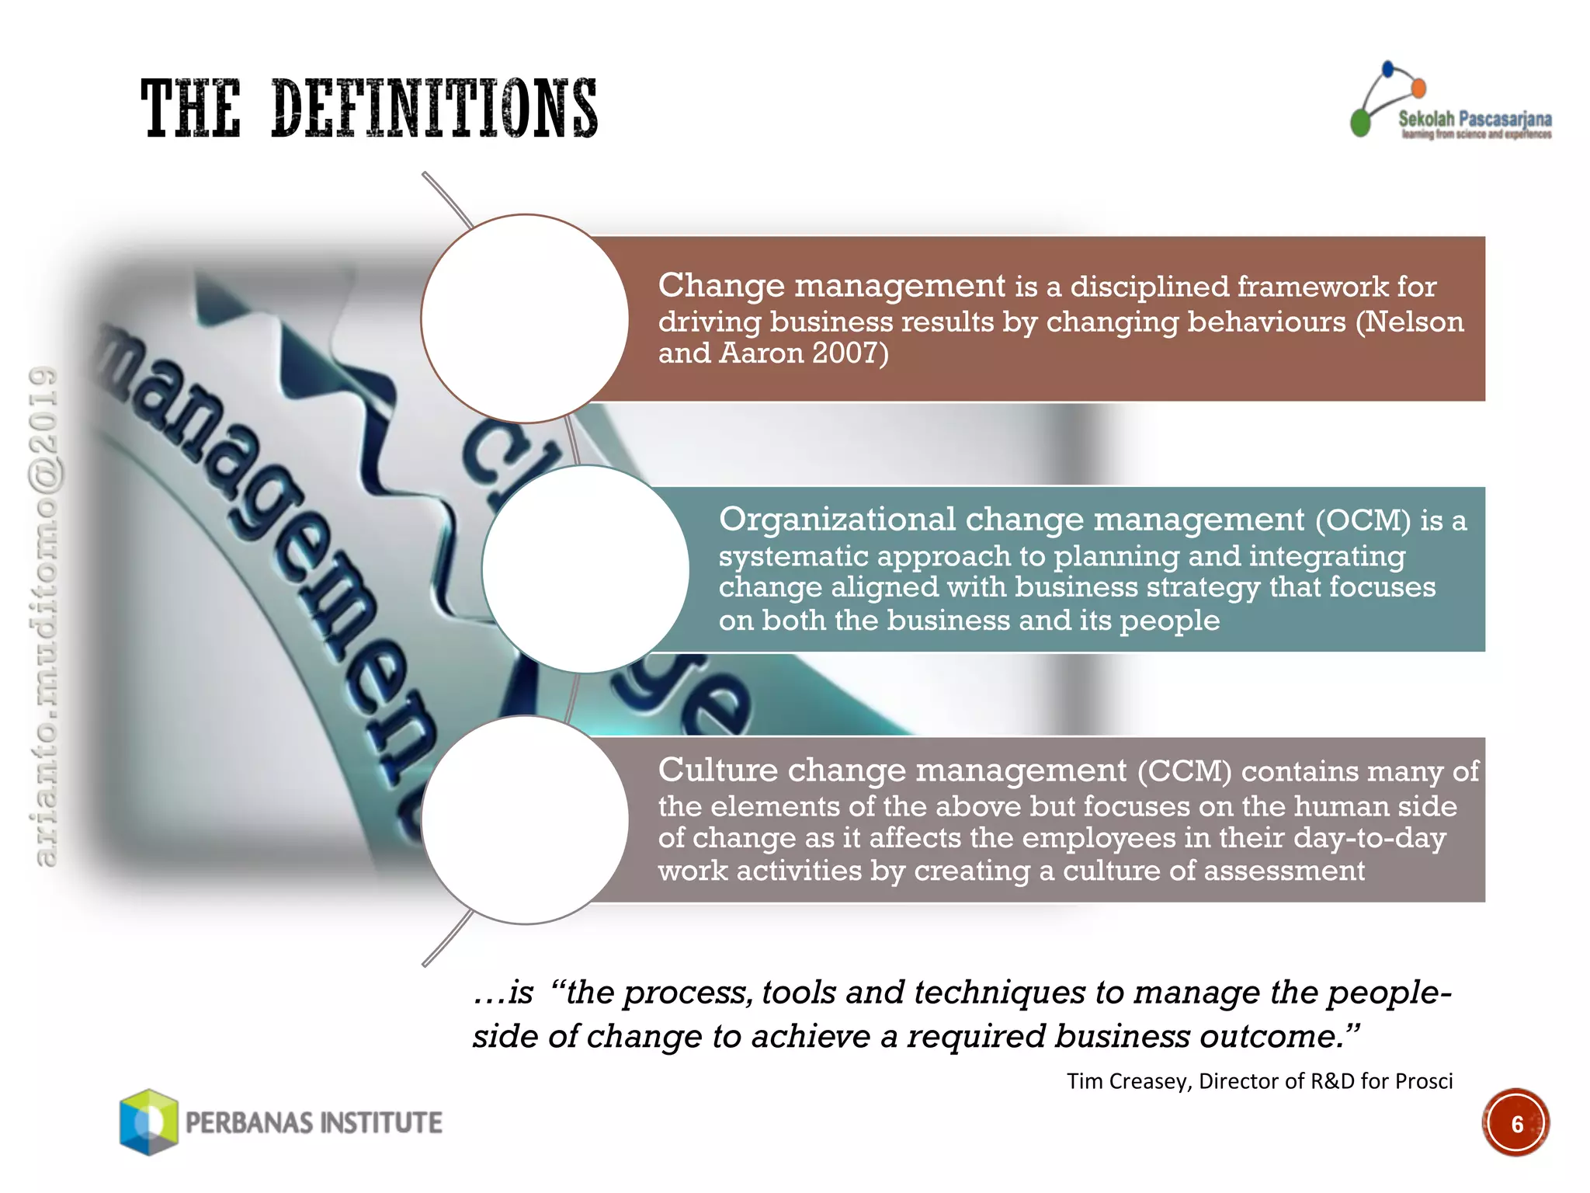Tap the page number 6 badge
(x=1515, y=1123)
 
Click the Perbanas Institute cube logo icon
(x=149, y=1122)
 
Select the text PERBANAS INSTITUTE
(x=314, y=1123)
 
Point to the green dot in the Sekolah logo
(x=1360, y=123)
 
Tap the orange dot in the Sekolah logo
(x=1418, y=89)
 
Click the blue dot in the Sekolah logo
(x=1388, y=69)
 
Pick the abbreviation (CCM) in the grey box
(x=1185, y=771)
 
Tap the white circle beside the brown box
(x=525, y=318)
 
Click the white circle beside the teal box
(x=585, y=569)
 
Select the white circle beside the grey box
(x=525, y=819)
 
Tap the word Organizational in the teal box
(x=837, y=520)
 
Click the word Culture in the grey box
(x=717, y=770)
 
